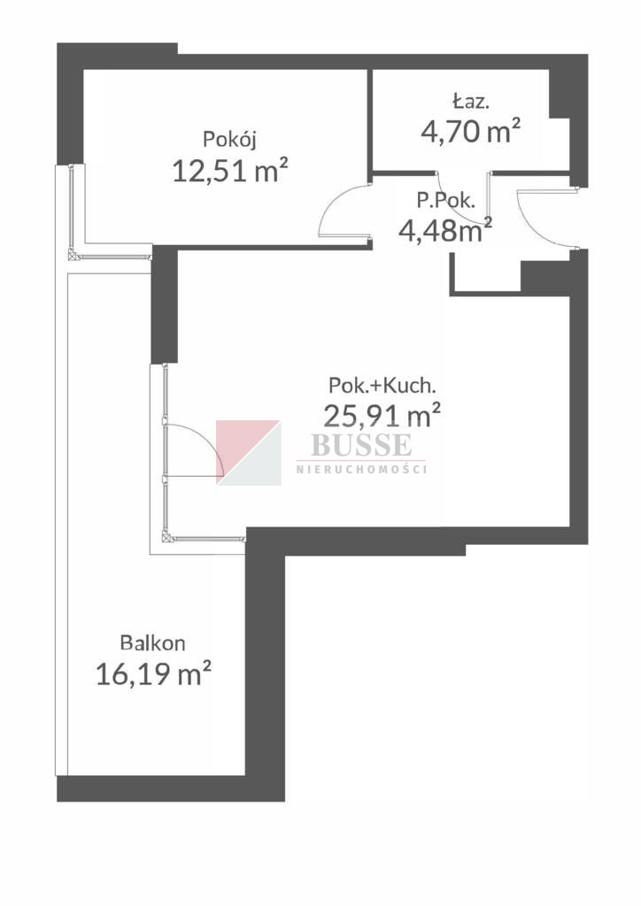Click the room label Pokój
click(x=229, y=140)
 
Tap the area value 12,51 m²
click(x=230, y=171)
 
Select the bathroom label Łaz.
click(x=471, y=102)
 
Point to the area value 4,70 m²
click(x=470, y=131)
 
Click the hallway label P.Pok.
click(x=445, y=201)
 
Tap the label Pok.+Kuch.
click(x=382, y=385)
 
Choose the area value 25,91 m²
click(x=382, y=414)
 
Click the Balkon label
click(x=152, y=642)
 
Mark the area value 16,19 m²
click(x=153, y=673)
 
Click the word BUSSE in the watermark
click(x=361, y=444)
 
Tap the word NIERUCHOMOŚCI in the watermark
click(x=361, y=469)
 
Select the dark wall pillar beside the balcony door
click(x=164, y=305)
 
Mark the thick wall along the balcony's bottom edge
click(x=171, y=788)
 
